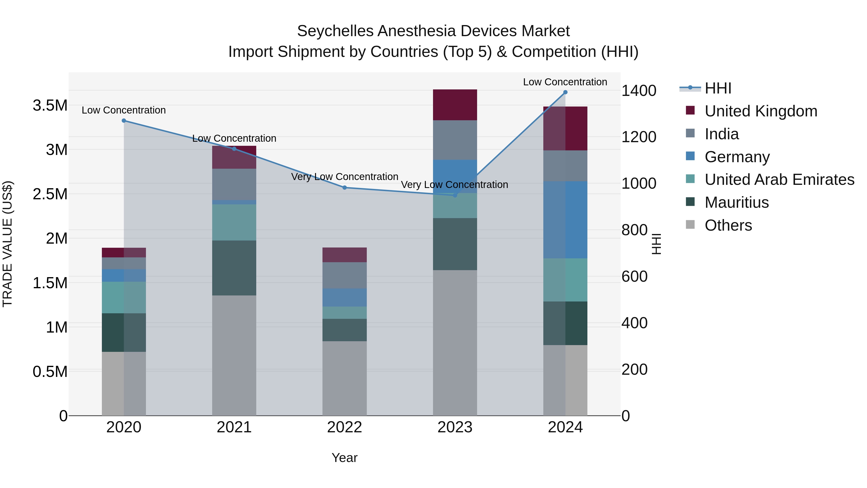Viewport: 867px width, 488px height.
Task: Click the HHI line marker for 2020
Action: pyautogui.click(x=124, y=120)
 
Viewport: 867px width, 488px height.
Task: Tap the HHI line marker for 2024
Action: pyautogui.click(x=565, y=92)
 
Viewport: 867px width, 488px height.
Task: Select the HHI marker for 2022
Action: pyautogui.click(x=345, y=187)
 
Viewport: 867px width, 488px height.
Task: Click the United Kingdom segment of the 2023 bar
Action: pyautogui.click(x=455, y=105)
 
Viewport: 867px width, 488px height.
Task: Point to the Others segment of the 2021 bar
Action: pyautogui.click(x=234, y=355)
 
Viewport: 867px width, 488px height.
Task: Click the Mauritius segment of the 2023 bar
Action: pyautogui.click(x=455, y=244)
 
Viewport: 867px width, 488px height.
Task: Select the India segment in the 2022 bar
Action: pyautogui.click(x=345, y=275)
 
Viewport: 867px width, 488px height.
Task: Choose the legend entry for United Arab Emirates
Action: pyautogui.click(x=779, y=180)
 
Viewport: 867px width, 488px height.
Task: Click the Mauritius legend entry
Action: pyautogui.click(x=736, y=202)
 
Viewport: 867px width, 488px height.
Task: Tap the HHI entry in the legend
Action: pyautogui.click(x=718, y=88)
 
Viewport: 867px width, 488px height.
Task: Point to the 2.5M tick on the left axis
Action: pyautogui.click(x=50, y=194)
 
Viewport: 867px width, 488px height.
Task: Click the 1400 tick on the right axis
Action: pyautogui.click(x=638, y=91)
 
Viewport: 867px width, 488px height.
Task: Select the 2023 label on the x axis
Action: pyautogui.click(x=455, y=427)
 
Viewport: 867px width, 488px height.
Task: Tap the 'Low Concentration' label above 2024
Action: pyautogui.click(x=565, y=82)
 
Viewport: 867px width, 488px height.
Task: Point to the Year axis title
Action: pyautogui.click(x=344, y=458)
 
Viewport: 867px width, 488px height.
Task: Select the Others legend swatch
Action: pyautogui.click(x=690, y=225)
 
